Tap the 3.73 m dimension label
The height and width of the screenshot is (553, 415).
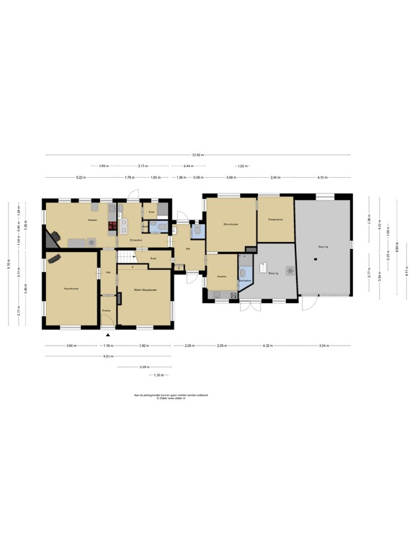point(143,166)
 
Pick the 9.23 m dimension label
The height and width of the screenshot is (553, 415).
point(108,356)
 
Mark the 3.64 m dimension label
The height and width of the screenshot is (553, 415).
point(324,346)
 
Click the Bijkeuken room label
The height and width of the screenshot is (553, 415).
point(130,239)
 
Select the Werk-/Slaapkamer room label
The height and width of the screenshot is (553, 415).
point(144,289)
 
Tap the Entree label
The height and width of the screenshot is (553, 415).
point(106,310)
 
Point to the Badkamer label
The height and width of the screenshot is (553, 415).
point(245,281)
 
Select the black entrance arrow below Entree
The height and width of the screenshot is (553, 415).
point(108,335)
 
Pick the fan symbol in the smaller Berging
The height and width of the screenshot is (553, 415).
point(290,271)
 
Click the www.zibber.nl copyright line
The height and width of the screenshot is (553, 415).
point(166,397)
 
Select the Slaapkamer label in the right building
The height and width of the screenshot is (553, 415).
point(274,219)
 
